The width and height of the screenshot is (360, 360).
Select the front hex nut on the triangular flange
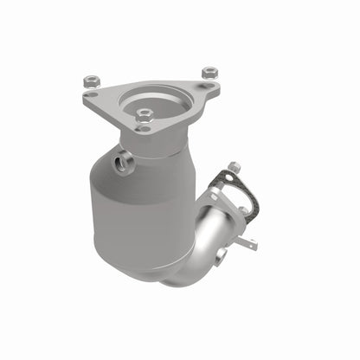(x=145, y=114)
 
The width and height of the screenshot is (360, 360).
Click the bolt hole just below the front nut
(x=145, y=128)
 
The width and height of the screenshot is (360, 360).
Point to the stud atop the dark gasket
(x=233, y=166)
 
